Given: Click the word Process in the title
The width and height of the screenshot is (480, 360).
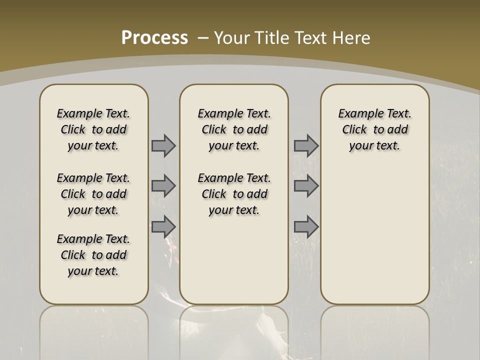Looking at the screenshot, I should point(154,38).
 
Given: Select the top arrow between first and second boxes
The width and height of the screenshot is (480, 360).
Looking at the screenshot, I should point(163,145).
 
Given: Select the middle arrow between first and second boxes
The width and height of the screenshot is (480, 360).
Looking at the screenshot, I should point(163,186).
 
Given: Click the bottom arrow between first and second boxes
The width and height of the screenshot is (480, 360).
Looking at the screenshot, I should point(163,227).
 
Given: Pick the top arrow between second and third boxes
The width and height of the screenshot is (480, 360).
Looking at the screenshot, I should point(306,145).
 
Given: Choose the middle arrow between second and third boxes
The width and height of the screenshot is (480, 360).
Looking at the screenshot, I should point(306,186).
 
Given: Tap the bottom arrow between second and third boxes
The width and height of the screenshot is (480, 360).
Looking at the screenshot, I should point(306,227).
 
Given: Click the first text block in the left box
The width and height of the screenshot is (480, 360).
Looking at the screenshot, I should point(93,129).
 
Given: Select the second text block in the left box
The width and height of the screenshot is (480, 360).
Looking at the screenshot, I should point(93,194).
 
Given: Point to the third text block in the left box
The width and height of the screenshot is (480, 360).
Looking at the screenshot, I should point(93,255).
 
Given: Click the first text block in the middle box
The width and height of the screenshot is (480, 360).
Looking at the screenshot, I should point(234,129).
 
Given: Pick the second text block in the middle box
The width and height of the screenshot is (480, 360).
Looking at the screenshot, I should point(234,194).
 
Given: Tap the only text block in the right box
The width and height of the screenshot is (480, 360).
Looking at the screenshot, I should point(374,129).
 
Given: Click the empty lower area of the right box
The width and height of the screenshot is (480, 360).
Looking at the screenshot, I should point(374,235).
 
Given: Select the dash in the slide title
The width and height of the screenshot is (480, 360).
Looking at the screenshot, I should point(203,38).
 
